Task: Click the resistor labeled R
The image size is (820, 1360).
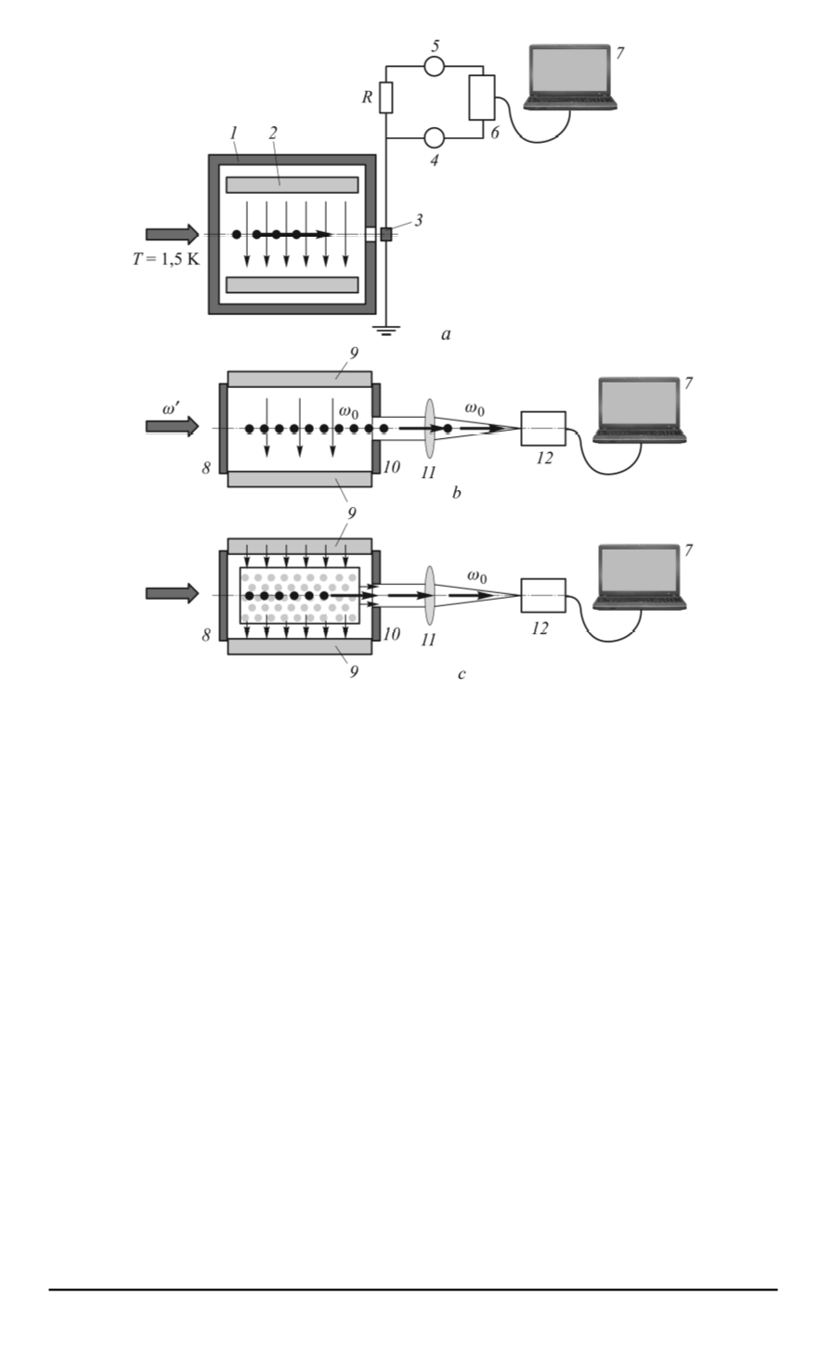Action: coord(385,97)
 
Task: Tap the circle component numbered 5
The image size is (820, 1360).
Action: coord(434,66)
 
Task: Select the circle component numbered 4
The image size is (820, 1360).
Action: coord(434,138)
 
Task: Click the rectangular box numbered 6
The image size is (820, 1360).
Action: coord(482,97)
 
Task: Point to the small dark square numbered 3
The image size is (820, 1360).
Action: coord(386,234)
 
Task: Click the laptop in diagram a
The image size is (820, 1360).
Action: coord(569,78)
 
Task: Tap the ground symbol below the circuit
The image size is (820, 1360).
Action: coord(386,330)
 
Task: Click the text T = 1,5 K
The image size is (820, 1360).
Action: coord(165,259)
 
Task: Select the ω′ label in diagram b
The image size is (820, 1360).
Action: coord(170,408)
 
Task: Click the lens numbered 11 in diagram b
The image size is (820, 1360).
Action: coord(429,427)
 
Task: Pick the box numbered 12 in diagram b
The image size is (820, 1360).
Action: coord(542,427)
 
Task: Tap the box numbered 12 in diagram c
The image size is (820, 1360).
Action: coord(542,594)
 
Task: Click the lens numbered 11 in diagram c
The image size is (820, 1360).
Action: coord(429,594)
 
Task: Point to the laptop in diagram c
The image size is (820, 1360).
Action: coord(640,577)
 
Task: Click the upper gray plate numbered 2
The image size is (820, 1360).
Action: coord(292,185)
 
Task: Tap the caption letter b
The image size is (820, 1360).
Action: coord(456,493)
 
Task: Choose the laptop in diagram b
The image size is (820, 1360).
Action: coord(640,410)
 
